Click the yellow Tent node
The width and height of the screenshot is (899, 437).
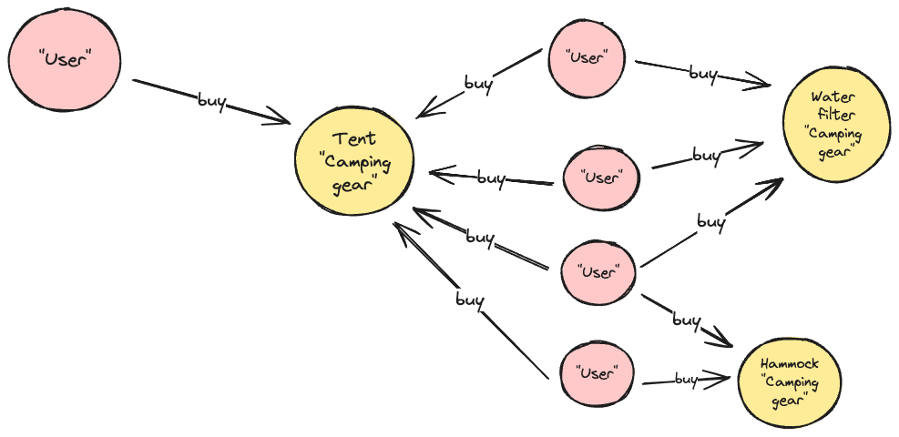point(354,163)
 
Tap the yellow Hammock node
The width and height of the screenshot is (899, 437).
point(790,381)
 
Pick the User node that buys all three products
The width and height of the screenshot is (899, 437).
point(598,272)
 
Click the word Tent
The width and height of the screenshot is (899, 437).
point(355,139)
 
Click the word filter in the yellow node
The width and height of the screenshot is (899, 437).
point(835,115)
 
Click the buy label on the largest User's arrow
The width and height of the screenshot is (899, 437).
point(211,100)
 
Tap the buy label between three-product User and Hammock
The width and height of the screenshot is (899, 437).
point(686,320)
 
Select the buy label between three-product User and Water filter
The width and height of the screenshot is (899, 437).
point(710,221)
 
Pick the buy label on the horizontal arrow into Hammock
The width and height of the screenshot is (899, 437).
point(686,379)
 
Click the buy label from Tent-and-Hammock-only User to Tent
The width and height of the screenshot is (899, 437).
point(469,299)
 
